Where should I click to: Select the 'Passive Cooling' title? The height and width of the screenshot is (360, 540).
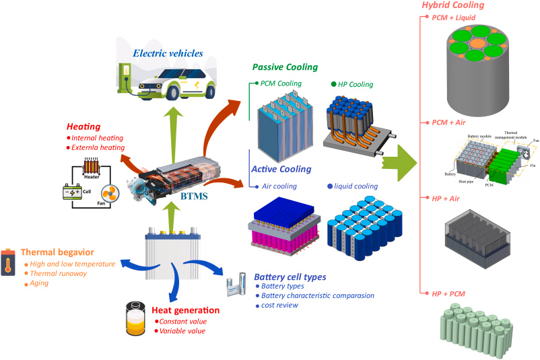click(285, 68)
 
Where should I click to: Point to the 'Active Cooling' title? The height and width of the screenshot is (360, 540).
click(281, 169)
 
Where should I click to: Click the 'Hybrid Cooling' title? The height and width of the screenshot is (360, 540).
click(452, 5)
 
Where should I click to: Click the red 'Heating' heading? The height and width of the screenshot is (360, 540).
click(83, 127)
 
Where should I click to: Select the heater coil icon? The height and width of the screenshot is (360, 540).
click(93, 166)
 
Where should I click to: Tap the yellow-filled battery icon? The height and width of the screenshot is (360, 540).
click(135, 319)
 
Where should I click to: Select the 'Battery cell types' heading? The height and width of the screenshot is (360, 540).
click(290, 277)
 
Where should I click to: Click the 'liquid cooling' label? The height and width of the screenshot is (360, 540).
click(356, 186)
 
